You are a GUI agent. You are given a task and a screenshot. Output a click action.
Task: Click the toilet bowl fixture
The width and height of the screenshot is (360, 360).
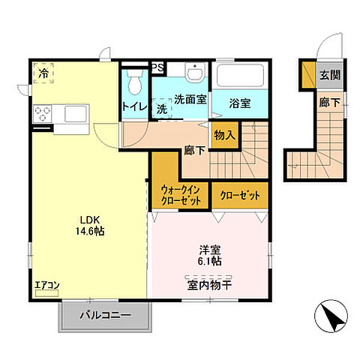coord(136,81)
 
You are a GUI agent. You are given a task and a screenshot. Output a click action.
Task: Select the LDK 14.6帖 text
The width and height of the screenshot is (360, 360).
coord(88,226)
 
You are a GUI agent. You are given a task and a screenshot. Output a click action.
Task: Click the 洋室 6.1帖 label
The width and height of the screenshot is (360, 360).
coord(210,255)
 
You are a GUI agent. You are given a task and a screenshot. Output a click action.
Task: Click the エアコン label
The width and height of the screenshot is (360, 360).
coord(46,285)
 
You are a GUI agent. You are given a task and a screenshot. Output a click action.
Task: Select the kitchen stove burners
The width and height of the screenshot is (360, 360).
coord(42,115)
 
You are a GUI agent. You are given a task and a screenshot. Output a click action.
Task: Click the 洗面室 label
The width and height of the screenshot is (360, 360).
coord(190,100)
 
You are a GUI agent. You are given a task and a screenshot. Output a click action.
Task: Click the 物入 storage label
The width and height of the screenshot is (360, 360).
coord(224,136)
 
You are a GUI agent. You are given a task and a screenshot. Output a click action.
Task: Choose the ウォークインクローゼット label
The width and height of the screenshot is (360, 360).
coord(180,195)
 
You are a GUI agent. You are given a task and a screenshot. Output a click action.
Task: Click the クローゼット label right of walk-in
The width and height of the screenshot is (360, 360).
coord(240,195)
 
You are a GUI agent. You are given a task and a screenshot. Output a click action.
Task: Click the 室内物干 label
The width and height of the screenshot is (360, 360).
coord(210,284)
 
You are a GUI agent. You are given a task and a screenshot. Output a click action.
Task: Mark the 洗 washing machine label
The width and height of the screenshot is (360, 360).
coord(162,109)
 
